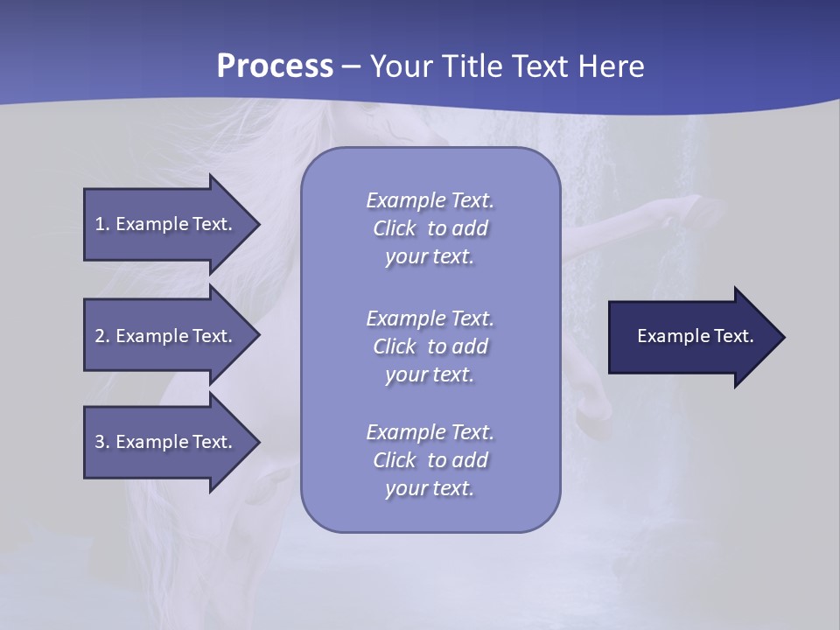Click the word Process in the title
click(x=275, y=66)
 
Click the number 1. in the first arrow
click(x=102, y=224)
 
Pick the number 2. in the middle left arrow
click(x=102, y=336)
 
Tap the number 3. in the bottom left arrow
click(x=102, y=442)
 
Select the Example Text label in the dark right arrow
click(x=695, y=336)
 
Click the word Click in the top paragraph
click(x=395, y=228)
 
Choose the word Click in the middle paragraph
click(x=395, y=346)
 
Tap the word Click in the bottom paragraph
click(x=395, y=460)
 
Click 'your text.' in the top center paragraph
click(x=430, y=257)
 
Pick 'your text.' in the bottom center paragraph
click(x=430, y=489)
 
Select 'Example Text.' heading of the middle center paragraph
click(x=430, y=318)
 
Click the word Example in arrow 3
click(x=151, y=442)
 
